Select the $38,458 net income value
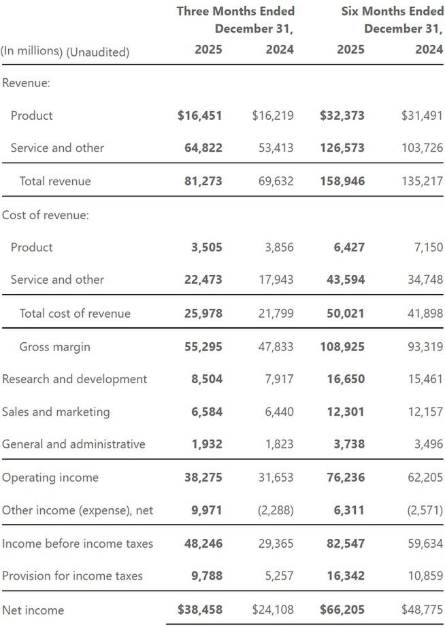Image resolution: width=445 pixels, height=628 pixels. [x=199, y=610]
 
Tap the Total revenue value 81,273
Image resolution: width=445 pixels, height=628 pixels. [x=203, y=181]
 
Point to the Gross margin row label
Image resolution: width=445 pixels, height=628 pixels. [x=54, y=347]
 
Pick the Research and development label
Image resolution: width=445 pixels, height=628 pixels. [x=74, y=379]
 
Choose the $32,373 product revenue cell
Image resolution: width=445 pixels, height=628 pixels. [x=342, y=116]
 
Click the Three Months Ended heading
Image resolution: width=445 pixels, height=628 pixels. [x=235, y=11]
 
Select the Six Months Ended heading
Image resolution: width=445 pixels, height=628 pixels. [x=393, y=11]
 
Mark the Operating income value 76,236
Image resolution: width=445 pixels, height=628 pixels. [x=346, y=478]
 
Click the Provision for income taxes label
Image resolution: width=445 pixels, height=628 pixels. [x=72, y=576]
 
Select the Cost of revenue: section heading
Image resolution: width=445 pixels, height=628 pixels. [x=46, y=215]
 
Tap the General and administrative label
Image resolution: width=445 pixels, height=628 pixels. [x=73, y=444]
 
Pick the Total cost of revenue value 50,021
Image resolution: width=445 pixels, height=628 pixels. [x=346, y=314]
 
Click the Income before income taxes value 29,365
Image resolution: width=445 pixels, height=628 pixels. [x=276, y=544]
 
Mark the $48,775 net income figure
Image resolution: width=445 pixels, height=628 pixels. [x=422, y=610]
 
